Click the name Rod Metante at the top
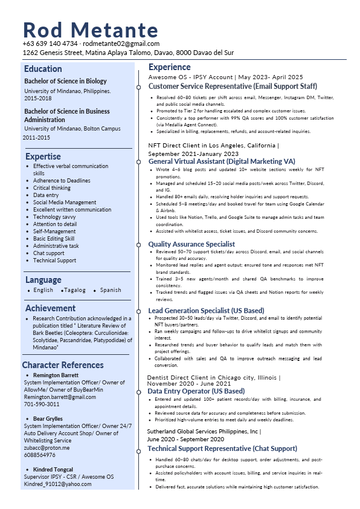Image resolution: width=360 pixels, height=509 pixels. (91, 30)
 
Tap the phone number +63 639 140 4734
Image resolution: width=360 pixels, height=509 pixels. (50, 44)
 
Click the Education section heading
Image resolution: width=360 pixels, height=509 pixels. (43, 69)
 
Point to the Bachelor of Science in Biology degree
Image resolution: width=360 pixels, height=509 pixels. (65, 81)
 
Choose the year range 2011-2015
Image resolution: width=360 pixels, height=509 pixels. (36, 138)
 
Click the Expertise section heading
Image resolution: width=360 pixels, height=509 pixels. (42, 157)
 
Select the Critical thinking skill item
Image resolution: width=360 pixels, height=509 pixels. (52, 188)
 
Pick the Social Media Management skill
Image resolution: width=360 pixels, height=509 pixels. (65, 203)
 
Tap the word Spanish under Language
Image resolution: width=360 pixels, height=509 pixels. (111, 290)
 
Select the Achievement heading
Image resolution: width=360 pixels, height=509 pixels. (50, 308)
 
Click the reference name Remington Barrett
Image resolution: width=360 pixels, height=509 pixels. (56, 375)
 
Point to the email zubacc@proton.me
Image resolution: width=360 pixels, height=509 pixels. (47, 448)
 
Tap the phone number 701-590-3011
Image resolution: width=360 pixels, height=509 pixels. (42, 404)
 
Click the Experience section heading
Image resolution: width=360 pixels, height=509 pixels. (169, 67)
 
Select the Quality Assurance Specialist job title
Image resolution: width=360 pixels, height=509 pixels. (191, 244)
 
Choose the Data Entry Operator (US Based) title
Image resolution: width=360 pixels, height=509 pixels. (196, 391)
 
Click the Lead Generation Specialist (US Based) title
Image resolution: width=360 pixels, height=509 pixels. (206, 311)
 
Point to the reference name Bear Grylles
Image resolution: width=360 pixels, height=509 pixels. (48, 419)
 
